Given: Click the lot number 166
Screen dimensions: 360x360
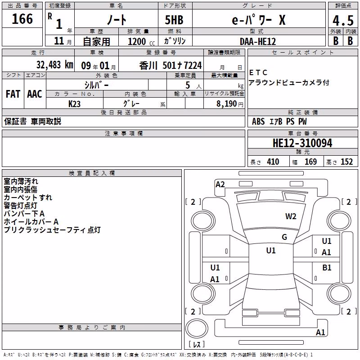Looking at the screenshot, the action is coord(22,19).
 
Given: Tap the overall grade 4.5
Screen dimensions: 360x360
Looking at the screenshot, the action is coord(343,21).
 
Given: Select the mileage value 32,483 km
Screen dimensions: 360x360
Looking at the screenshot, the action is coord(55,65).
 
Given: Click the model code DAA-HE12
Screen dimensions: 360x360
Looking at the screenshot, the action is coord(258,41).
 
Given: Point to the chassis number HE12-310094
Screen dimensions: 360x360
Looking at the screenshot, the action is coord(302,143).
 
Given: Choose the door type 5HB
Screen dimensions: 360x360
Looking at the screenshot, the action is coord(174,20).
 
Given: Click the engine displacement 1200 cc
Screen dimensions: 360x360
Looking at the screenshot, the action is coord(141,41).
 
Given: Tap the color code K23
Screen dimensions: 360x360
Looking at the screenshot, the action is coord(74,104).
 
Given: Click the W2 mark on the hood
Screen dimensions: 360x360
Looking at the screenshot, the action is coord(291,216).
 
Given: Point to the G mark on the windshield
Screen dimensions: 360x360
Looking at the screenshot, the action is coord(284,237).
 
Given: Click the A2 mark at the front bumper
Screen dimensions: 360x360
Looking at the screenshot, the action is coord(220,184).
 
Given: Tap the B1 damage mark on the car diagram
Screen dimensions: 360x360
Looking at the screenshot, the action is coord(327,268).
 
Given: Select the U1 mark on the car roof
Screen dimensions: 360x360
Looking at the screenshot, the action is coord(271,251).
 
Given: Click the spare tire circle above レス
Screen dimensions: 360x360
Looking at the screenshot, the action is coord(197,329).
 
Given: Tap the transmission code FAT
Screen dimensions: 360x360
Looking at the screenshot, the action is coord(13,94).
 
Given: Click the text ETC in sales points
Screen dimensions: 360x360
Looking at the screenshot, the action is coord(258,73).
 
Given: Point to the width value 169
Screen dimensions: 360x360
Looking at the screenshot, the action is coord(310,162).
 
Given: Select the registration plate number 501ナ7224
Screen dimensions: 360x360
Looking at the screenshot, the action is coord(182,65).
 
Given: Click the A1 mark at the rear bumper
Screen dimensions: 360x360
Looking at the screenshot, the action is coord(320,333).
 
